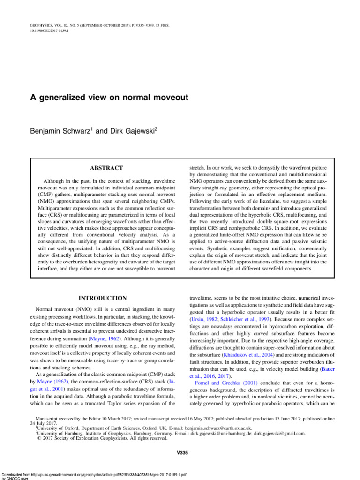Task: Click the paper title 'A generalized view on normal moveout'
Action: point(109,97)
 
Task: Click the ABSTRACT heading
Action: point(106,168)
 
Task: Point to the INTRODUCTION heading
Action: point(102,298)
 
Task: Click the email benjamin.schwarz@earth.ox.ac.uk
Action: point(214,428)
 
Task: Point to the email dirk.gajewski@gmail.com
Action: point(279,434)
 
